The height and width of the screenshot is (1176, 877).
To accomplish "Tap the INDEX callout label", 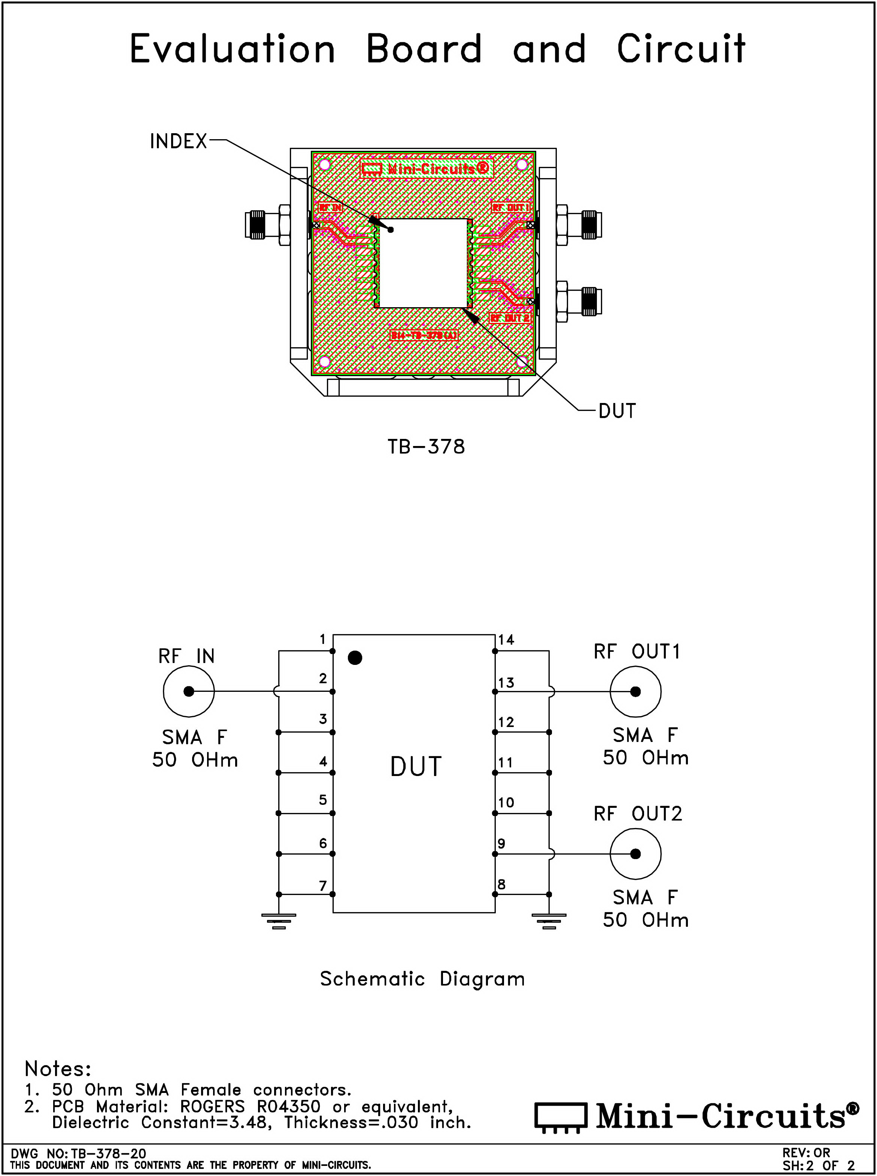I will coord(178,142).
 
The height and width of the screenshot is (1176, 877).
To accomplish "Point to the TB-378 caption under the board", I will coord(426,447).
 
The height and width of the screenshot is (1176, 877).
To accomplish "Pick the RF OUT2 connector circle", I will coord(635,854).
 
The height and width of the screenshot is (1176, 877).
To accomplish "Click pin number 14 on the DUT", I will coord(506,640).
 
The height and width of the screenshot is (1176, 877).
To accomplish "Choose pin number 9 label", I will coord(502,843).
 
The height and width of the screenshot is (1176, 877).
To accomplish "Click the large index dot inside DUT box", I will coord(355,658).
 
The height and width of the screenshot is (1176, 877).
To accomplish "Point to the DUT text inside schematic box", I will coord(416,767).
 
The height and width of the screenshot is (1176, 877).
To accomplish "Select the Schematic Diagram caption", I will coord(422,979).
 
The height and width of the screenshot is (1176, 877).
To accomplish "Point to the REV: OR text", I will coord(806,1153).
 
